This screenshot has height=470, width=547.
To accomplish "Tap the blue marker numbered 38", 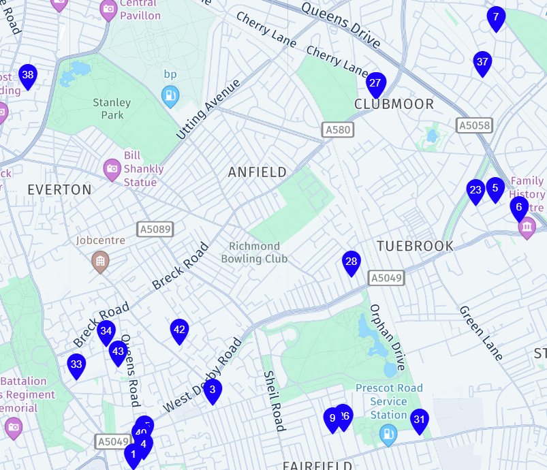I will pyautogui.click(x=28, y=76).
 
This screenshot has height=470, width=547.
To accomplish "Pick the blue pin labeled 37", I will pyautogui.click(x=482, y=63).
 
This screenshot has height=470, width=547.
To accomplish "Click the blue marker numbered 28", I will pyautogui.click(x=351, y=262).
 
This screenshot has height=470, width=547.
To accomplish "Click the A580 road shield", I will pyautogui.click(x=337, y=129).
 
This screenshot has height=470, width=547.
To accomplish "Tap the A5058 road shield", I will pyautogui.click(x=474, y=125).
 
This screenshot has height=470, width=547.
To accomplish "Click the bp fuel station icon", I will pyautogui.click(x=170, y=96).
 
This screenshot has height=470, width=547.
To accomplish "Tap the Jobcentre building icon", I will pyautogui.click(x=100, y=262).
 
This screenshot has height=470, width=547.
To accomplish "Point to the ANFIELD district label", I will pyautogui.click(x=257, y=172).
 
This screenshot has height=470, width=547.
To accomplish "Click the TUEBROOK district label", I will pyautogui.click(x=415, y=246).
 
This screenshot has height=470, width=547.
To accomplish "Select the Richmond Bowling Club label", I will pyautogui.click(x=254, y=252).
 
